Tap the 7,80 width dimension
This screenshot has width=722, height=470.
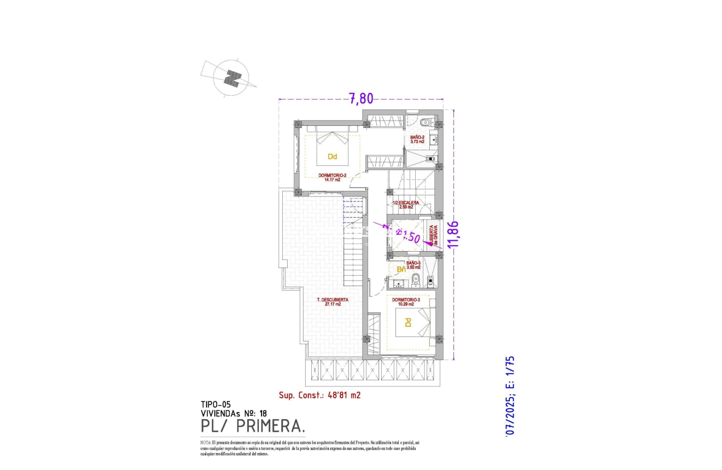[x=361, y=98]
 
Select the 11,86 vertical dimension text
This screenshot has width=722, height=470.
[x=453, y=234]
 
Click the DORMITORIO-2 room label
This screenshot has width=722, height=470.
[x=332, y=176]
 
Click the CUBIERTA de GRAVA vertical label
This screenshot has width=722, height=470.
[x=433, y=236]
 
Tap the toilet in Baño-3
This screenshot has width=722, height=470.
[x=416, y=280]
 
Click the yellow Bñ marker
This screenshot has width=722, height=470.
[x=400, y=269]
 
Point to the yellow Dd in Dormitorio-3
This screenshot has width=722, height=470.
[x=407, y=323]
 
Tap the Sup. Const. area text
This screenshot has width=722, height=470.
[x=319, y=394]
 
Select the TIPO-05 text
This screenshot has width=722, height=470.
[x=216, y=405]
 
